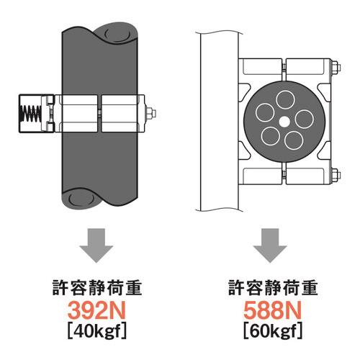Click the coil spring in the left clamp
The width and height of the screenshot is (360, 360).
(30, 113)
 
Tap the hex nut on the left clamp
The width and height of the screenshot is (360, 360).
(150, 113)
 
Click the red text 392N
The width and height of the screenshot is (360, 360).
(96, 310)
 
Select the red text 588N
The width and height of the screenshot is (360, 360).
(272, 310)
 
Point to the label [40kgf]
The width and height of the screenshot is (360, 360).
(96, 331)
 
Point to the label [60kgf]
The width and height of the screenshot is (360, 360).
(273, 331)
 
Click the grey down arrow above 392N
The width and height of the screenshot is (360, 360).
(96, 246)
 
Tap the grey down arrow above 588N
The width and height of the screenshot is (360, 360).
(270, 246)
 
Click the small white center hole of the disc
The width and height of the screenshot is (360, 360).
(284, 122)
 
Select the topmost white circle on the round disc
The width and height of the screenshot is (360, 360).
(285, 100)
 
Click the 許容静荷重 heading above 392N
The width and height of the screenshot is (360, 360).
(97, 287)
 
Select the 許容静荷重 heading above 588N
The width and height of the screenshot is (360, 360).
(273, 287)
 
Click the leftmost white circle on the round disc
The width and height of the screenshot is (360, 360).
(265, 113)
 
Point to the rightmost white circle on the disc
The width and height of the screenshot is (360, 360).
(304, 120)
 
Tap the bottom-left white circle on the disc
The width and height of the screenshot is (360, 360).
(271, 136)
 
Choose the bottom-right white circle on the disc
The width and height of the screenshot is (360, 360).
(294, 140)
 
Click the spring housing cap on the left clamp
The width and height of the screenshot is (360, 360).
(30, 113)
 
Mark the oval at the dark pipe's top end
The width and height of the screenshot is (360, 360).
(117, 34)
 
